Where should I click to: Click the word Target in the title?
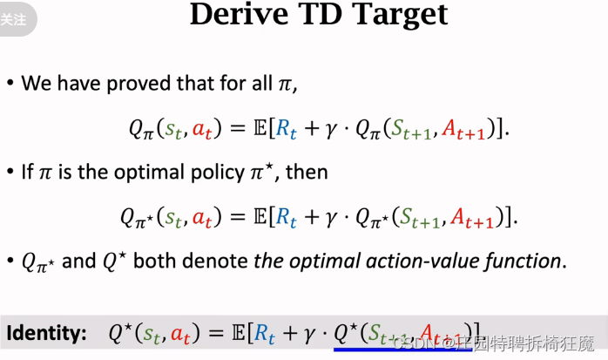(403, 14)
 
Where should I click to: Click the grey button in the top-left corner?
(15, 18)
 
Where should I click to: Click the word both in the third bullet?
(158, 261)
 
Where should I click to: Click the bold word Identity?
(46, 332)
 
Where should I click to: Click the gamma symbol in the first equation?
(331, 130)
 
